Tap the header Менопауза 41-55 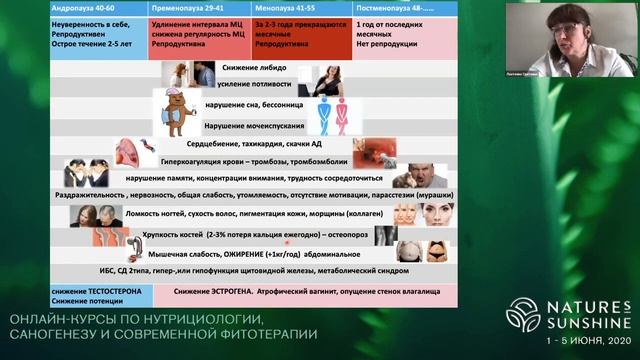(x=287, y=8)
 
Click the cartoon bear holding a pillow (x=177, y=112)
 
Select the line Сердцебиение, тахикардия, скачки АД (x=258, y=144)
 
